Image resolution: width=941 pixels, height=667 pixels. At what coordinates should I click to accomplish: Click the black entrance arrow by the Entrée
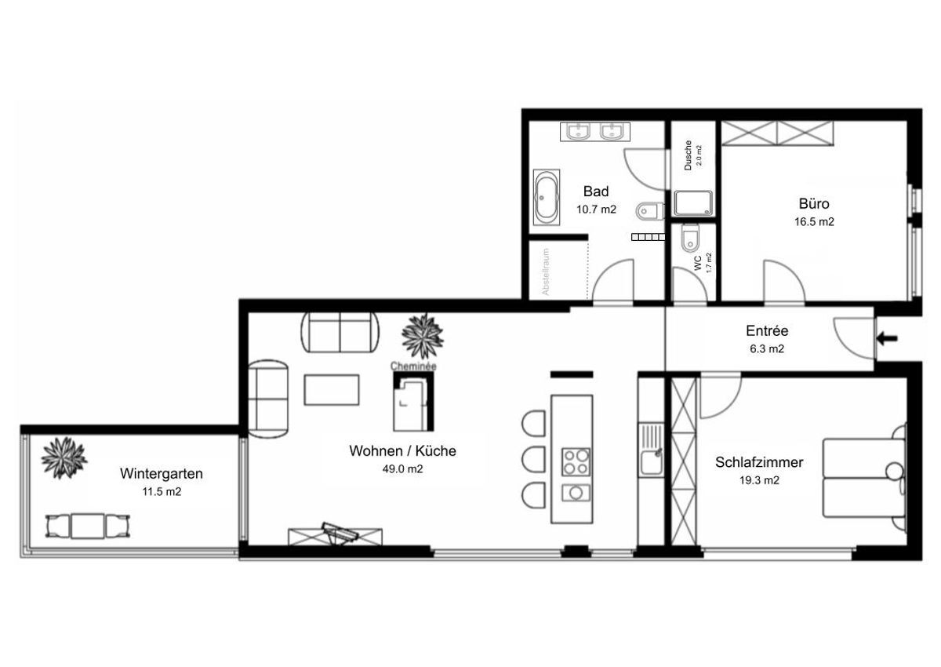pyautogui.click(x=887, y=338)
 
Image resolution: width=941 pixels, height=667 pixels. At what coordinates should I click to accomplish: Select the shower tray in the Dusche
pyautogui.click(x=693, y=203)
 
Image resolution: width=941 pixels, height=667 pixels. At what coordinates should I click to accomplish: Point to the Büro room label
pyautogui.click(x=814, y=203)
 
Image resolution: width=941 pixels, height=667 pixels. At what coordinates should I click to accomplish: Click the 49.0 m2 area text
pyautogui.click(x=402, y=469)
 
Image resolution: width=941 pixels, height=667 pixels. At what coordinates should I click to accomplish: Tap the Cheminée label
pyautogui.click(x=413, y=366)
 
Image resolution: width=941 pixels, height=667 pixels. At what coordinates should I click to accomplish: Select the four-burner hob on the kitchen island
pyautogui.click(x=576, y=462)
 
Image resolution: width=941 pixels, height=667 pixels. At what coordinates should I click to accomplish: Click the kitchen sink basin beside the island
pyautogui.click(x=651, y=461)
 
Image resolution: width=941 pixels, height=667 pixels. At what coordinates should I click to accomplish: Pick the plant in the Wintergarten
pyautogui.click(x=64, y=457)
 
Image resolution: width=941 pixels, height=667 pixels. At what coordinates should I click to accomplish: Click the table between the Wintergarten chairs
pyautogui.click(x=87, y=526)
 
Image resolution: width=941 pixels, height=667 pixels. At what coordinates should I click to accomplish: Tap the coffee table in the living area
pyautogui.click(x=332, y=390)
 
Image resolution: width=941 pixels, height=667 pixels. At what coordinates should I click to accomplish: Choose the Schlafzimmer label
pyautogui.click(x=759, y=462)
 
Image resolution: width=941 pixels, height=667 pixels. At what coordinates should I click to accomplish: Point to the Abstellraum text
pyautogui.click(x=545, y=272)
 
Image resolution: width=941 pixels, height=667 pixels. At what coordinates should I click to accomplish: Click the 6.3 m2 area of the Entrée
pyautogui.click(x=767, y=349)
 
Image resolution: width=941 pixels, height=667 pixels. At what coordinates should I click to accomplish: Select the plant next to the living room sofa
pyautogui.click(x=422, y=337)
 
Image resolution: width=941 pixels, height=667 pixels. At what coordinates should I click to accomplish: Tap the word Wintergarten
pyautogui.click(x=162, y=474)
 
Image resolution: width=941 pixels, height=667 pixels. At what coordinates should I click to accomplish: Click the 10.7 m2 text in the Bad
pyautogui.click(x=596, y=210)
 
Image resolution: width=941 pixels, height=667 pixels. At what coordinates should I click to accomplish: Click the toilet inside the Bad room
pyautogui.click(x=650, y=210)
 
